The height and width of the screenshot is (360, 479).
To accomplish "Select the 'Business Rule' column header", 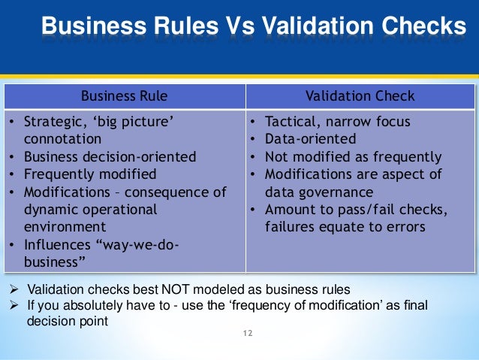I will tap(125, 96).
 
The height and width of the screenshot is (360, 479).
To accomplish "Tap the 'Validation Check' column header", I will tap(360, 96).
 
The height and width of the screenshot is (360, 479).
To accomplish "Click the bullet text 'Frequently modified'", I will tap(91, 174).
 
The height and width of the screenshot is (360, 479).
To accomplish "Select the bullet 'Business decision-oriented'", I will tap(110, 157).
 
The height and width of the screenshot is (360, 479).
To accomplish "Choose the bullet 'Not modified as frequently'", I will tap(352, 157).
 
